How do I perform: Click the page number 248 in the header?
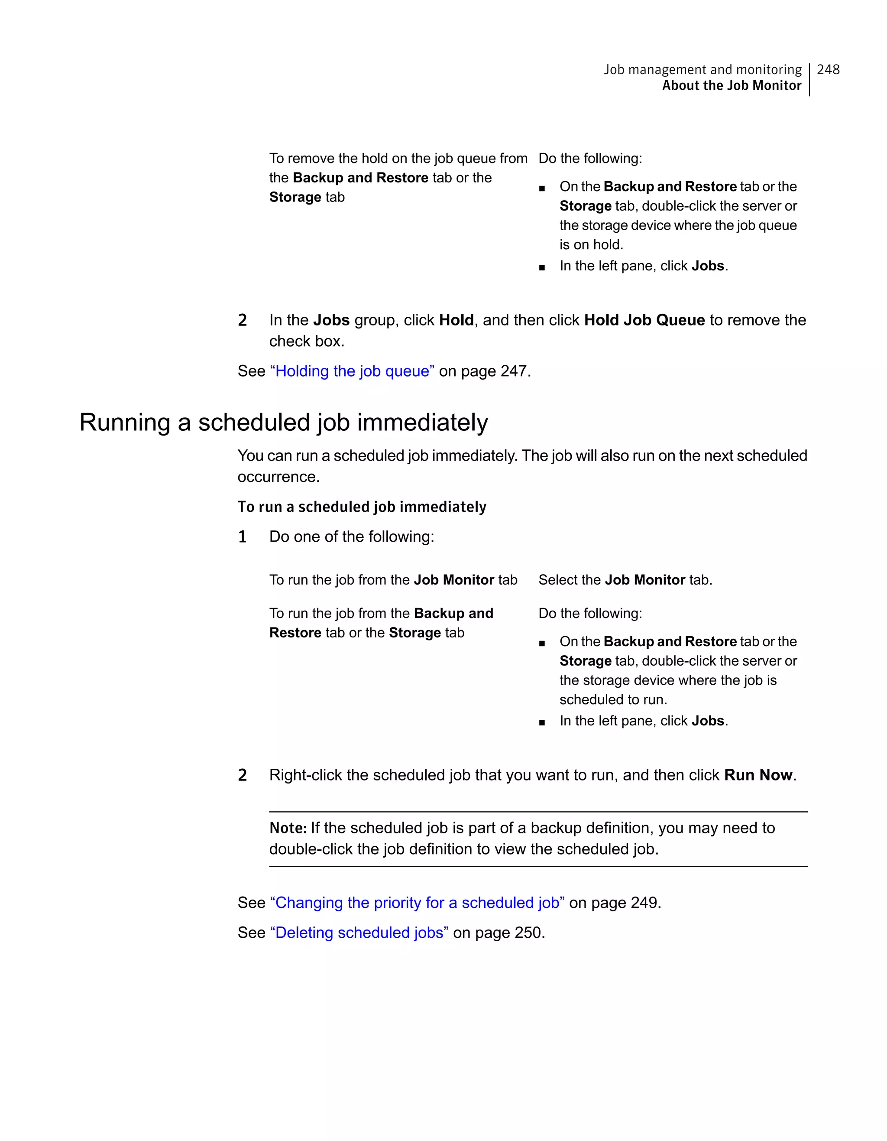click(x=828, y=69)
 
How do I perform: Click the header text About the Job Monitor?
click(x=732, y=86)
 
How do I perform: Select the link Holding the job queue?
click(x=352, y=371)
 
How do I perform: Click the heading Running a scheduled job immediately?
click(x=284, y=422)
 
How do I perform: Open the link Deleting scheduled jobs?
click(x=359, y=933)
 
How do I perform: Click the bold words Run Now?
click(x=758, y=775)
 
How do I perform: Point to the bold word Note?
click(x=288, y=828)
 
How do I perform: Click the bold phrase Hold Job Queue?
click(x=644, y=320)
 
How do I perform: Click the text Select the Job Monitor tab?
click(x=625, y=580)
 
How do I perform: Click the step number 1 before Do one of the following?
click(x=242, y=537)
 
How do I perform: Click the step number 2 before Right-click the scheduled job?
click(x=242, y=775)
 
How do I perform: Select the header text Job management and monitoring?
click(x=702, y=69)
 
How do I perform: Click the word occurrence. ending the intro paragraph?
click(x=278, y=477)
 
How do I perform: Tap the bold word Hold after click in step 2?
click(x=456, y=320)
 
